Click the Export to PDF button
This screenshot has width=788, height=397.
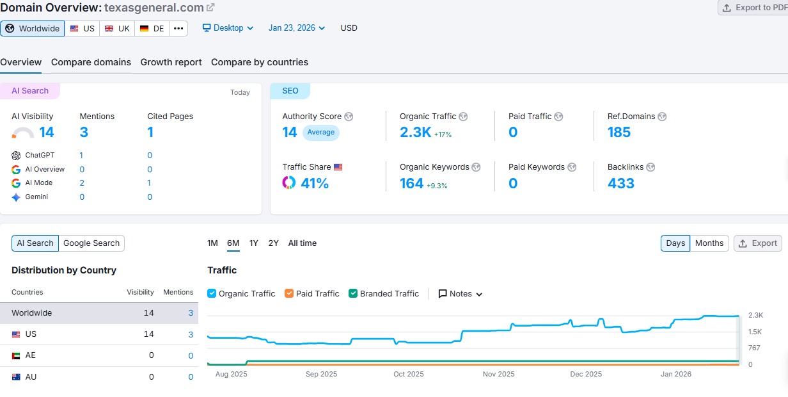753,8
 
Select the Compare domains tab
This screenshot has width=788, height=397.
91,62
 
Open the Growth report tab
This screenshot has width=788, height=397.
171,62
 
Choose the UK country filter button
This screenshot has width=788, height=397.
117,28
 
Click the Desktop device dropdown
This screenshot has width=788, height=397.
228,28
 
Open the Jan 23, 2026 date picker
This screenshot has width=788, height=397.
297,28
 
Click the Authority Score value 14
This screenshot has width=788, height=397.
290,132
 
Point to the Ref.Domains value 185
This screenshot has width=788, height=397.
619,132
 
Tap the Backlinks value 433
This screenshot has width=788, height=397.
621,183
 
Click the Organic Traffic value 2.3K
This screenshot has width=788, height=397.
416,132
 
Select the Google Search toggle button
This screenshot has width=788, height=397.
91,243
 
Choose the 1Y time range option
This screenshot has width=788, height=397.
254,243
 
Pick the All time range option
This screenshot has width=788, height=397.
303,243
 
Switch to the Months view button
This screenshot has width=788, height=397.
709,243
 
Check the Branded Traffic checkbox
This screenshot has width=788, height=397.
353,293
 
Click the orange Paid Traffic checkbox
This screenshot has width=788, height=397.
289,293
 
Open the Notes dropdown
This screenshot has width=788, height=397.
461,293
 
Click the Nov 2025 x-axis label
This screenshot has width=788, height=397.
498,374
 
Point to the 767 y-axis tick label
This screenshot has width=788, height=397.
755,348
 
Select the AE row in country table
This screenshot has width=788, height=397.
99,355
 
